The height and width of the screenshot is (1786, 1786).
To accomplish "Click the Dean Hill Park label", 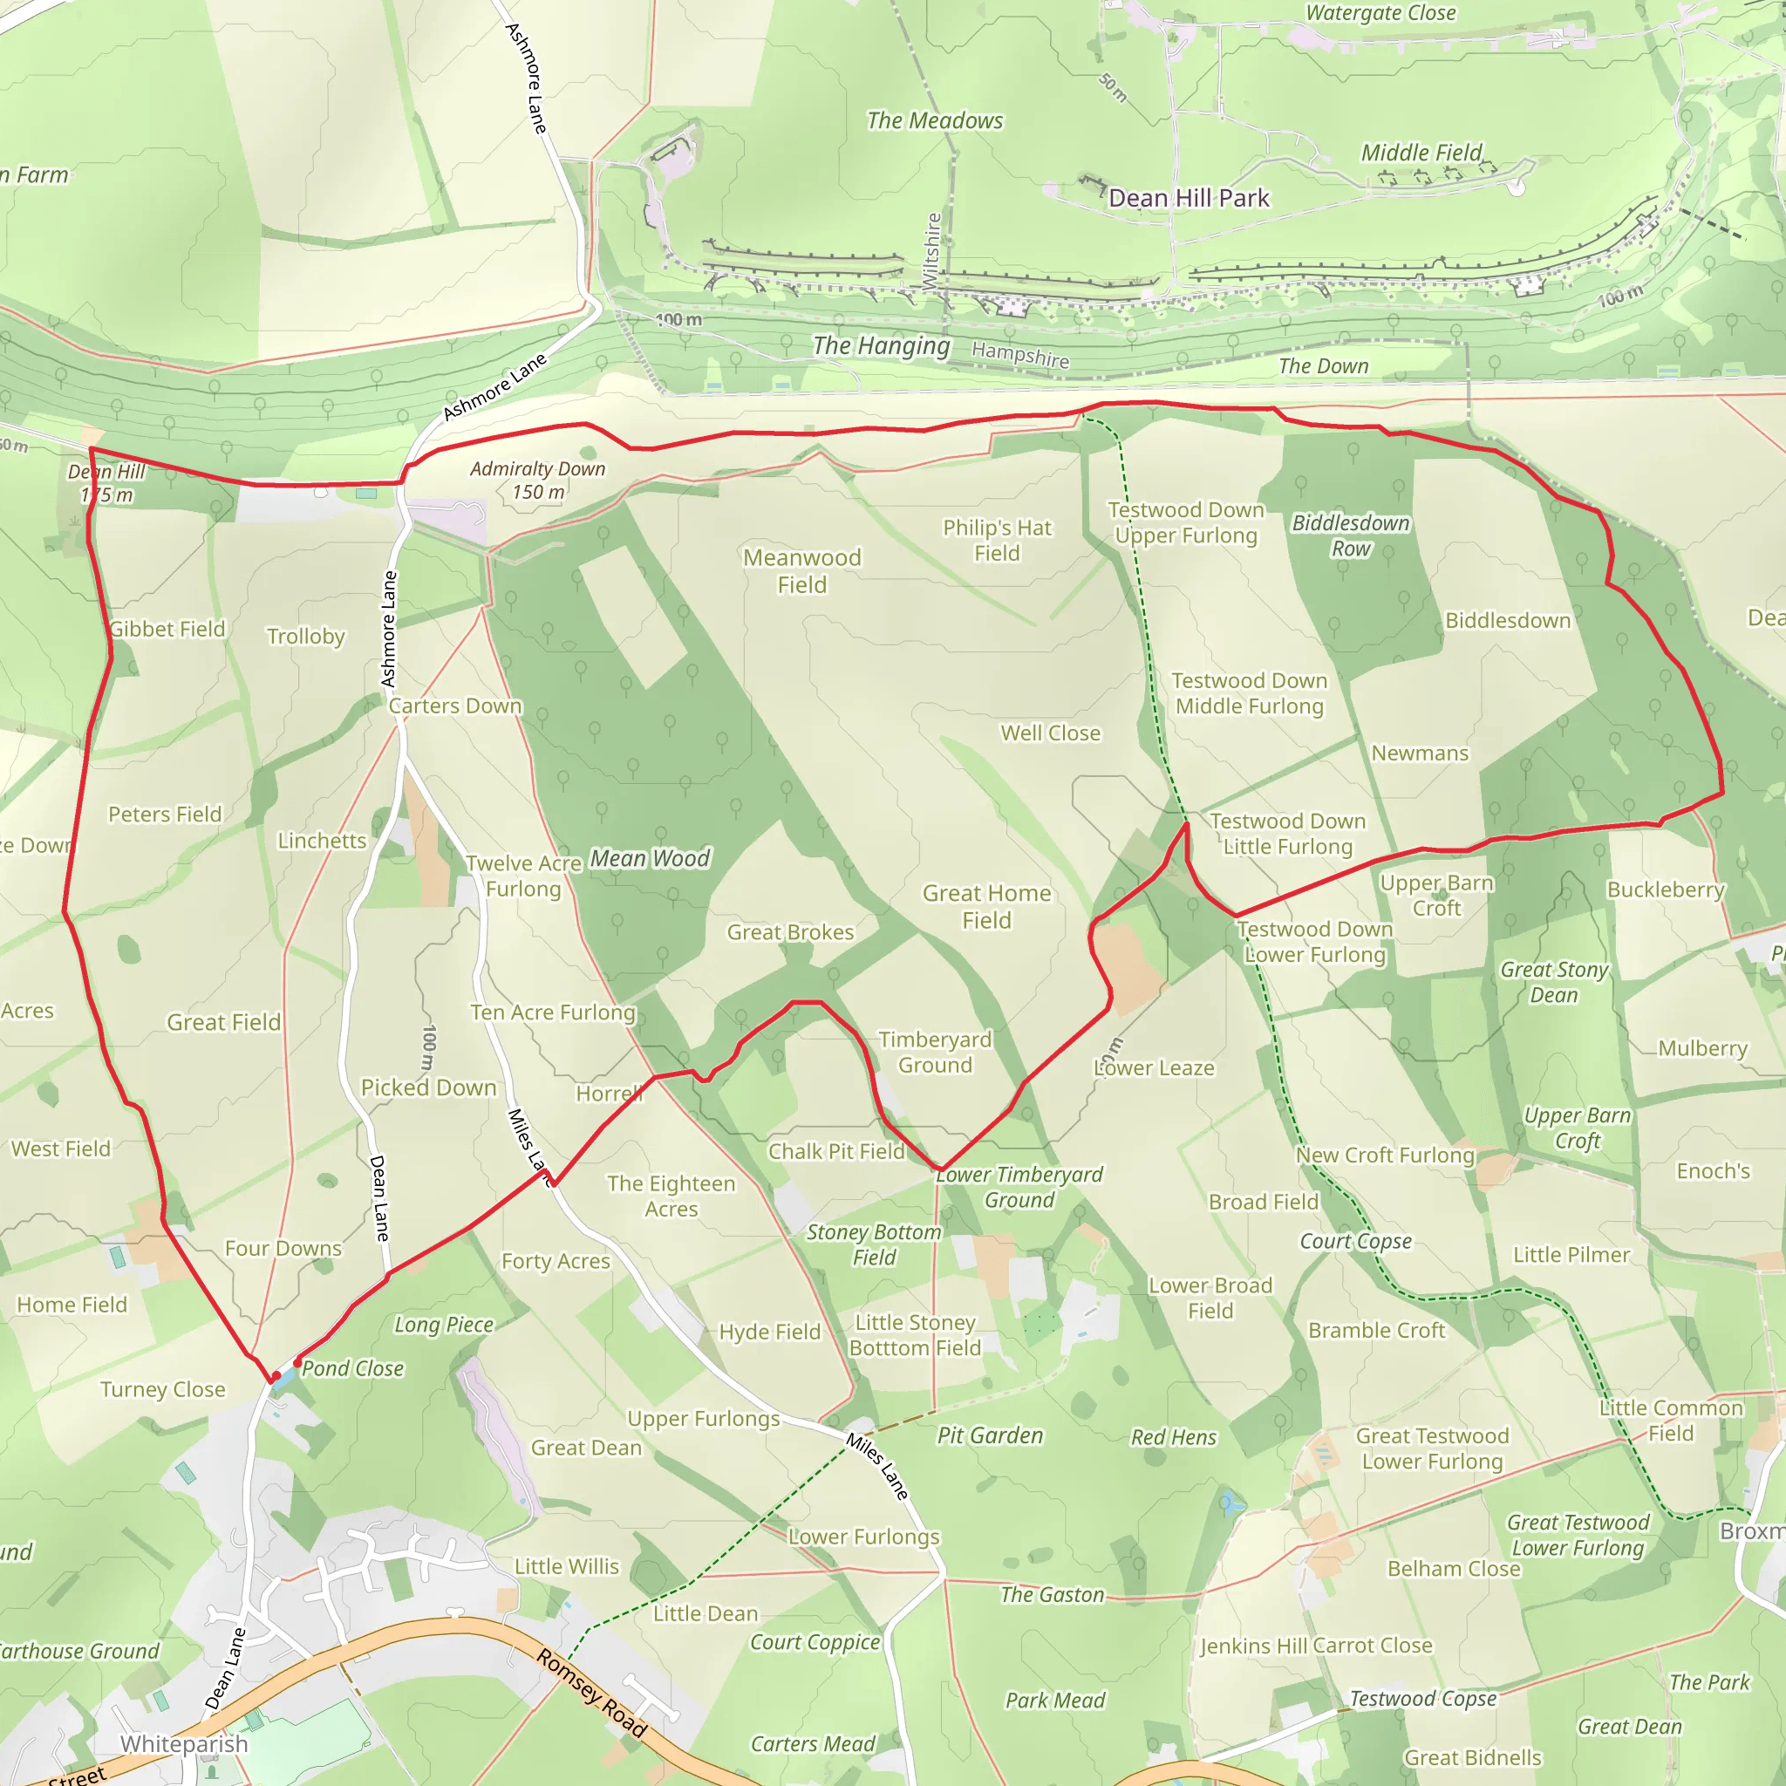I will coord(1189,199).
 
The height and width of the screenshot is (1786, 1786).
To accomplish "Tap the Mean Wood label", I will coord(650,859).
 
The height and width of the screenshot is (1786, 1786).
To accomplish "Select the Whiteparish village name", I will coord(184,1743).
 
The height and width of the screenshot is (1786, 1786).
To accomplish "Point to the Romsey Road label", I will coord(591,1693).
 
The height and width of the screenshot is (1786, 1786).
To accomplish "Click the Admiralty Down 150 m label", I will coord(537,481).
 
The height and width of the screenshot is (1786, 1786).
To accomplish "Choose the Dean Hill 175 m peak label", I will coord(106,483).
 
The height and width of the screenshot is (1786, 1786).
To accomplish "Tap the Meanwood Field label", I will coord(801,571).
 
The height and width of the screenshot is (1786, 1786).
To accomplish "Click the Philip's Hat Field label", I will coord(997,540).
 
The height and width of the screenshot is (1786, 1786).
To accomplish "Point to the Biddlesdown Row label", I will coord(1350,535).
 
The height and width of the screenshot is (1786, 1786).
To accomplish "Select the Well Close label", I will coord(1050,733).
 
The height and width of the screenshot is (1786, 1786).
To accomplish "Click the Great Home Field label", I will coord(986,906).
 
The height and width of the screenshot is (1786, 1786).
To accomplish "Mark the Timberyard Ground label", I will coord(935,1052).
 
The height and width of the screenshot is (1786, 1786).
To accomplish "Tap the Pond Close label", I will coord(352,1368).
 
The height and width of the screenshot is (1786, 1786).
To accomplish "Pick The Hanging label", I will coord(881,345).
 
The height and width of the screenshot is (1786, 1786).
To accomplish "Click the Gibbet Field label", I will coord(167,629).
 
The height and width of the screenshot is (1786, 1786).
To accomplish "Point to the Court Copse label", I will coord(1355,1241).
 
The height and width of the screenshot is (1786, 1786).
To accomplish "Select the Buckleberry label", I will coord(1665,890).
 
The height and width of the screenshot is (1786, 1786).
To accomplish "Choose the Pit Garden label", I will coord(990,1435).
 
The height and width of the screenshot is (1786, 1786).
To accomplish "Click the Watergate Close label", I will coord(1380,13).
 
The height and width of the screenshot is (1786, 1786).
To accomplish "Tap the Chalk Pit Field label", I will coord(835,1151).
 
